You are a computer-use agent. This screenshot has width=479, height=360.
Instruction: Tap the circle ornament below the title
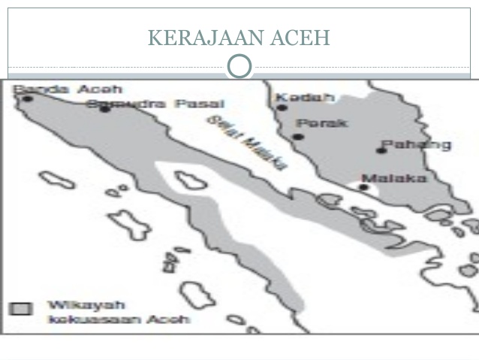(x=239, y=66)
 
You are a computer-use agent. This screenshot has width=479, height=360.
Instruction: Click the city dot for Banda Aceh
(x=28, y=98)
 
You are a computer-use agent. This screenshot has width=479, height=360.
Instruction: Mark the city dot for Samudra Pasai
(x=105, y=109)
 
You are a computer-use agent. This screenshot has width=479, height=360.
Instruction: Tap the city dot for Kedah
(x=282, y=107)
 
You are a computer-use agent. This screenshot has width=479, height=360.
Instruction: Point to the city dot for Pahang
(x=381, y=150)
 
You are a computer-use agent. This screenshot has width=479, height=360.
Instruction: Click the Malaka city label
(x=393, y=178)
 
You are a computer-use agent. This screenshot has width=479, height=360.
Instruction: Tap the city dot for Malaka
(x=364, y=187)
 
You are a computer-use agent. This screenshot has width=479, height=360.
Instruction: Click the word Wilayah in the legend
(x=75, y=305)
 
